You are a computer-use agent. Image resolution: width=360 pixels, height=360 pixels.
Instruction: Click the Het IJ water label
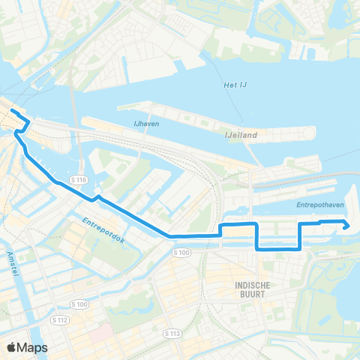point(235,85)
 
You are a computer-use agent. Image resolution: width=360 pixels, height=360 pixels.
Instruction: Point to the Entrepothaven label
point(313,203)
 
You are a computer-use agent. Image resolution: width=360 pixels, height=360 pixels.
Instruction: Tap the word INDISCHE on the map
point(252,286)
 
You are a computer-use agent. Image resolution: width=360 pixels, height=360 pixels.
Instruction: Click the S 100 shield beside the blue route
point(184,253)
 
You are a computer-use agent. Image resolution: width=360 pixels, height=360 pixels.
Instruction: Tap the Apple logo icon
point(12,347)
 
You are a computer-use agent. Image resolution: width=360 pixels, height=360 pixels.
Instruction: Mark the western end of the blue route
point(11,111)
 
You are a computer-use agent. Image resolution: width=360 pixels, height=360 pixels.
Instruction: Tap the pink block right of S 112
point(102,331)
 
